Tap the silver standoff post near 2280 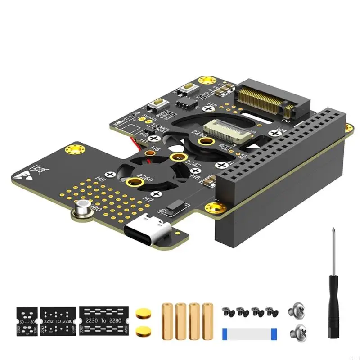[x=82, y=209]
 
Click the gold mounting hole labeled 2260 [x=134, y=182]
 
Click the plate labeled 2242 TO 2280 [x=58, y=319]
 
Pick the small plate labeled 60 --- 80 [x=27, y=319]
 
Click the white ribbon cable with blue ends [x=249, y=333]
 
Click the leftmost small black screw [x=227, y=311]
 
